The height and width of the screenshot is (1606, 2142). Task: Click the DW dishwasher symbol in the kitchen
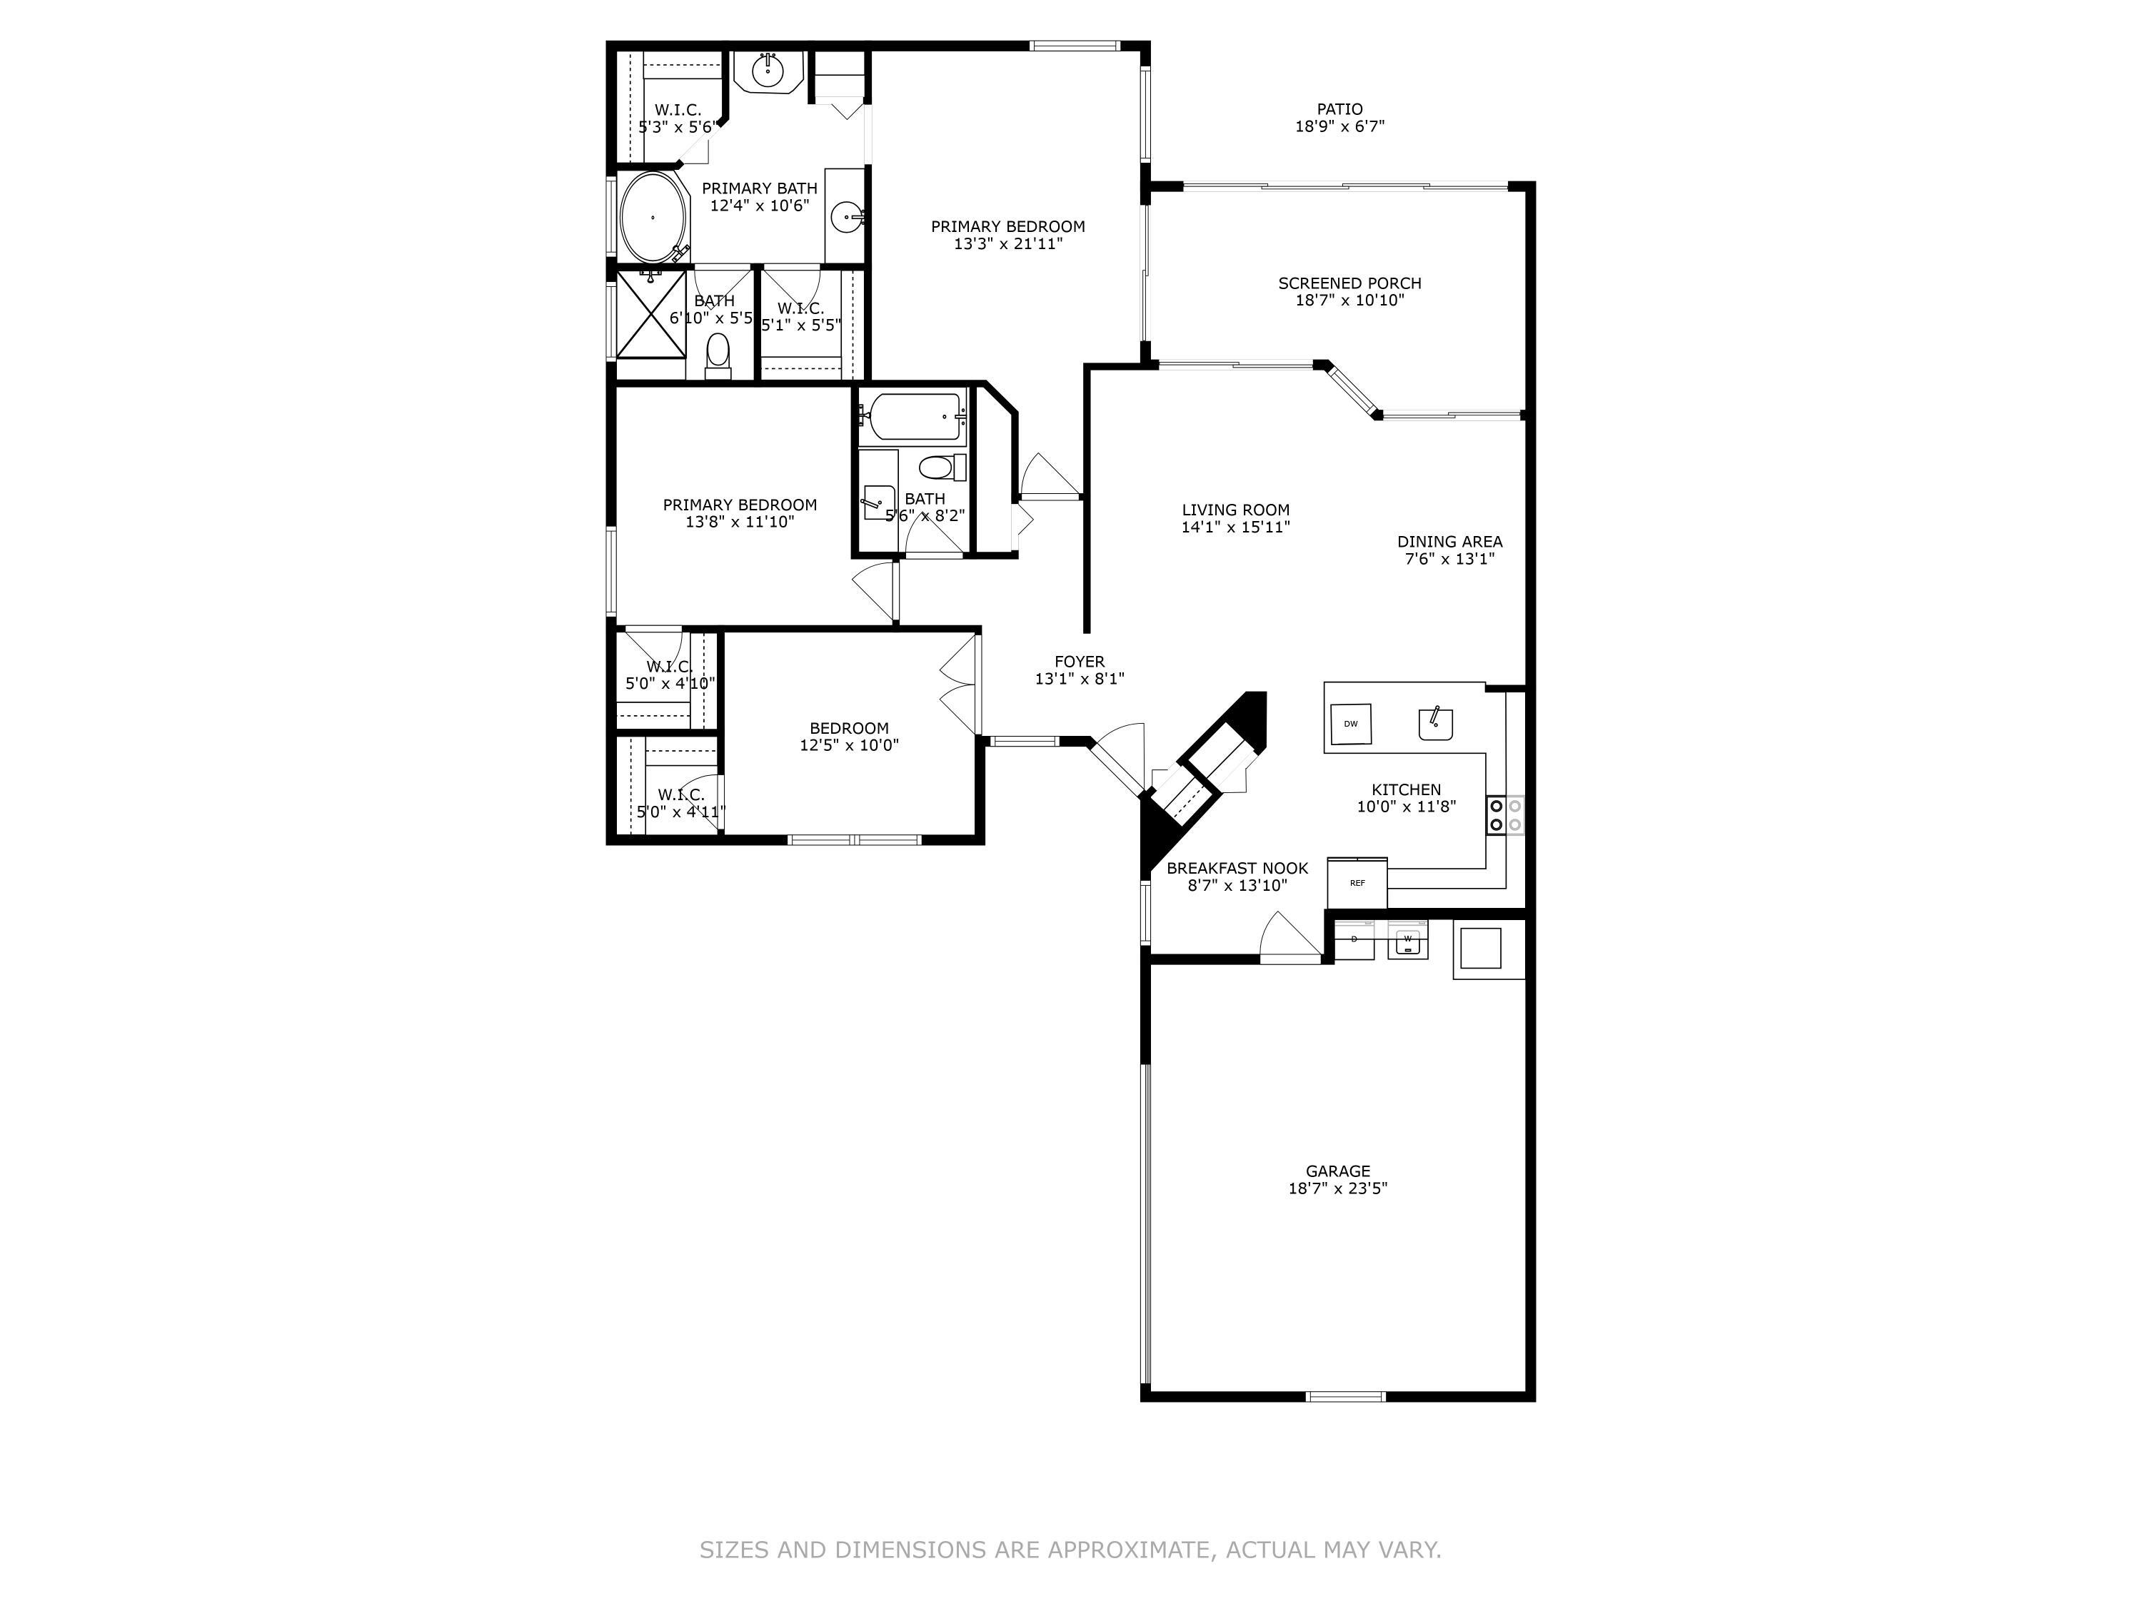1351,723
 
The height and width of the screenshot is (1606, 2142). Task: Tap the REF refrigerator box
1357,883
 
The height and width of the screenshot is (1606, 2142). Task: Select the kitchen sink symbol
1435,723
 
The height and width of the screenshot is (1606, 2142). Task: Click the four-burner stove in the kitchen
1505,815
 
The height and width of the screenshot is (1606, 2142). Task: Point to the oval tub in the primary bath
653,218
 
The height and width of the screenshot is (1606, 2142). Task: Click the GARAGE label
1337,1171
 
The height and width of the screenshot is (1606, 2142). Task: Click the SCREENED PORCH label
1349,283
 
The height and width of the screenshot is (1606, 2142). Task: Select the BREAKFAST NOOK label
1237,869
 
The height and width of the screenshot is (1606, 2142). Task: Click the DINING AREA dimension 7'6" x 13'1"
1449,559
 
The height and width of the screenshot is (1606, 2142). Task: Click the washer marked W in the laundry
1407,940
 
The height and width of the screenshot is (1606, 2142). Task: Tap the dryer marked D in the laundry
1354,940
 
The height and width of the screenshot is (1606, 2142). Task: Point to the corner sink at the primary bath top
768,71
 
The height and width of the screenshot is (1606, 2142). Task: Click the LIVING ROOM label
1236,510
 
